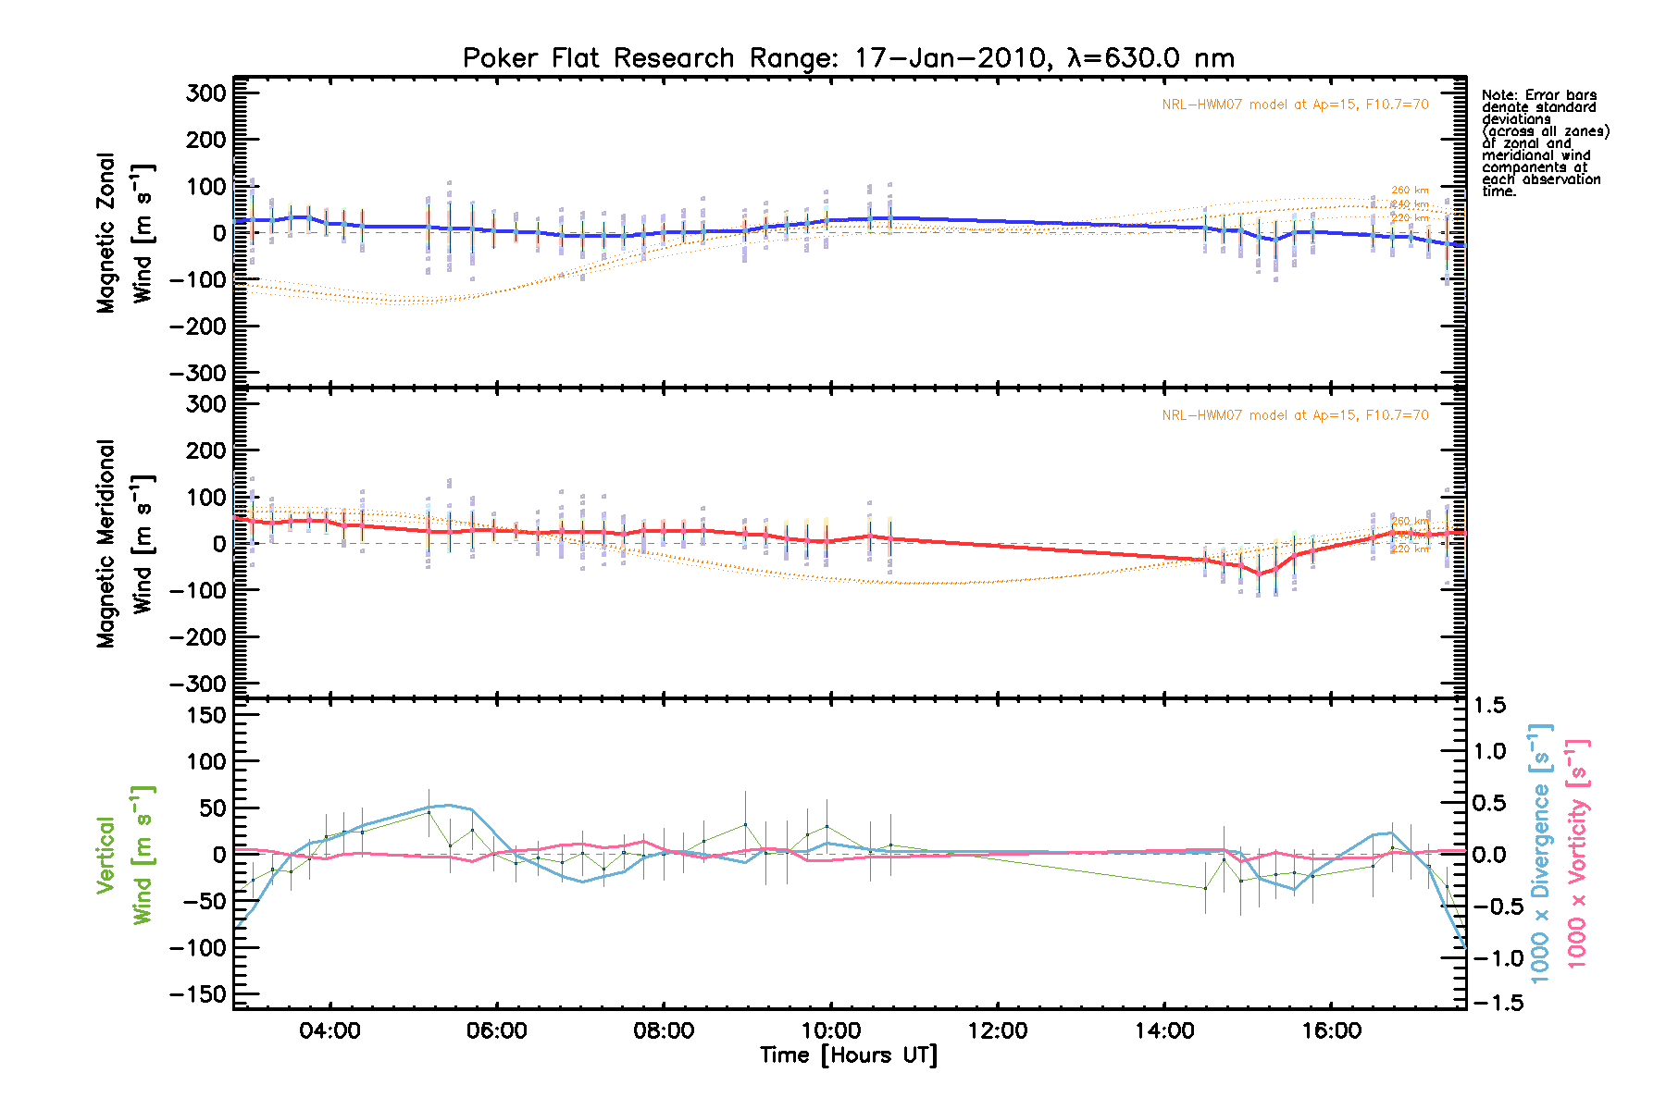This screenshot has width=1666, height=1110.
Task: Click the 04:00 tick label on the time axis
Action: (329, 1031)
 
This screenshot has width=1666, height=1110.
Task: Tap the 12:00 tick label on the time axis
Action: (998, 1031)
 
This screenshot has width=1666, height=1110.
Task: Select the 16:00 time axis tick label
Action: (1331, 1031)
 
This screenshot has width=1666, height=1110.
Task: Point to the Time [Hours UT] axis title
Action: (848, 1055)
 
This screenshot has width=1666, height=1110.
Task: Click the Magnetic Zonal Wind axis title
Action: (125, 233)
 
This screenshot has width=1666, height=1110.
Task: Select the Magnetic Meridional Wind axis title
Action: (125, 544)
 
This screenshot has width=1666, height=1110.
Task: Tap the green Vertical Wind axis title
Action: (125, 856)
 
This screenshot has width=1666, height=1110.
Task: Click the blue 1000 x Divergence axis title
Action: (1540, 853)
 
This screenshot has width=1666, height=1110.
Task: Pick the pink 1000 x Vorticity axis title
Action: (1577, 853)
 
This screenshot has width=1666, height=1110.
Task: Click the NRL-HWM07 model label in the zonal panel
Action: (1295, 105)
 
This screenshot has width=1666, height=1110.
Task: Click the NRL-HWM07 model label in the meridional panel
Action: (1295, 415)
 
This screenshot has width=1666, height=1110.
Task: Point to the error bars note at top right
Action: (1545, 143)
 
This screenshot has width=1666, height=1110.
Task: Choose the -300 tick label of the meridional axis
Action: (198, 684)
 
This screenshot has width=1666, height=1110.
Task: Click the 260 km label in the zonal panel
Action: (1410, 191)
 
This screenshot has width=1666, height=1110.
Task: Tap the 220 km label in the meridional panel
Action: (1410, 549)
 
